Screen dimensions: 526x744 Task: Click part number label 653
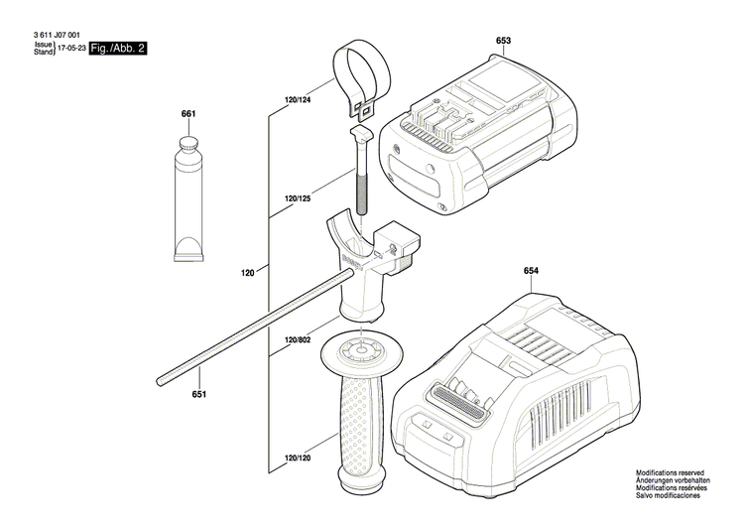coord(503,40)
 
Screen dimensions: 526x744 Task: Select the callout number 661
coord(188,114)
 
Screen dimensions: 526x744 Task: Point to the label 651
coord(199,396)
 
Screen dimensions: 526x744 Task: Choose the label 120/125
coord(298,199)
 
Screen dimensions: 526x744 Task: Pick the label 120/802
coord(298,340)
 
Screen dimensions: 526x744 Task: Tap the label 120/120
coord(298,459)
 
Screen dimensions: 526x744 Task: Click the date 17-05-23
coord(70,47)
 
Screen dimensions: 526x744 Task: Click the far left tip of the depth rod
coord(160,377)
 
